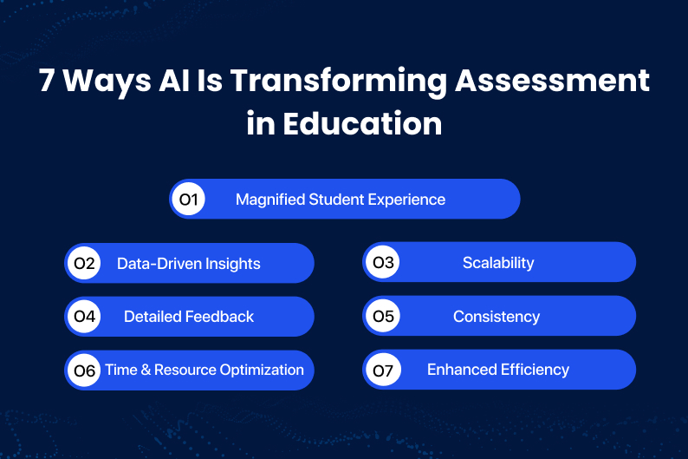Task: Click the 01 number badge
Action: [x=188, y=199]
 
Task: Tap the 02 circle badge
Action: [x=84, y=263]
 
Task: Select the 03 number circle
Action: [x=383, y=262]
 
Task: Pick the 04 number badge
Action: [x=84, y=316]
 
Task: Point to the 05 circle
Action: [x=383, y=316]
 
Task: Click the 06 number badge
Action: [x=84, y=370]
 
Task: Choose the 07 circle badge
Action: [x=383, y=370]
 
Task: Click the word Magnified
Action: [x=270, y=200]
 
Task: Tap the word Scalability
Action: [x=498, y=263]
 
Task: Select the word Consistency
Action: [x=497, y=317]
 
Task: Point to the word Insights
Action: [x=232, y=264]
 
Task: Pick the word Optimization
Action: [x=262, y=370]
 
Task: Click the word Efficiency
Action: [x=535, y=370]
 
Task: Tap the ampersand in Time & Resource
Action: [x=146, y=370]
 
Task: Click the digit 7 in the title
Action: [x=46, y=80]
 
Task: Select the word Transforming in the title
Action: [x=339, y=82]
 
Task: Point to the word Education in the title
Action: [x=362, y=123]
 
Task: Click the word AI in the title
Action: [x=174, y=80]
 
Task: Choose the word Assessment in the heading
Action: [x=553, y=80]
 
